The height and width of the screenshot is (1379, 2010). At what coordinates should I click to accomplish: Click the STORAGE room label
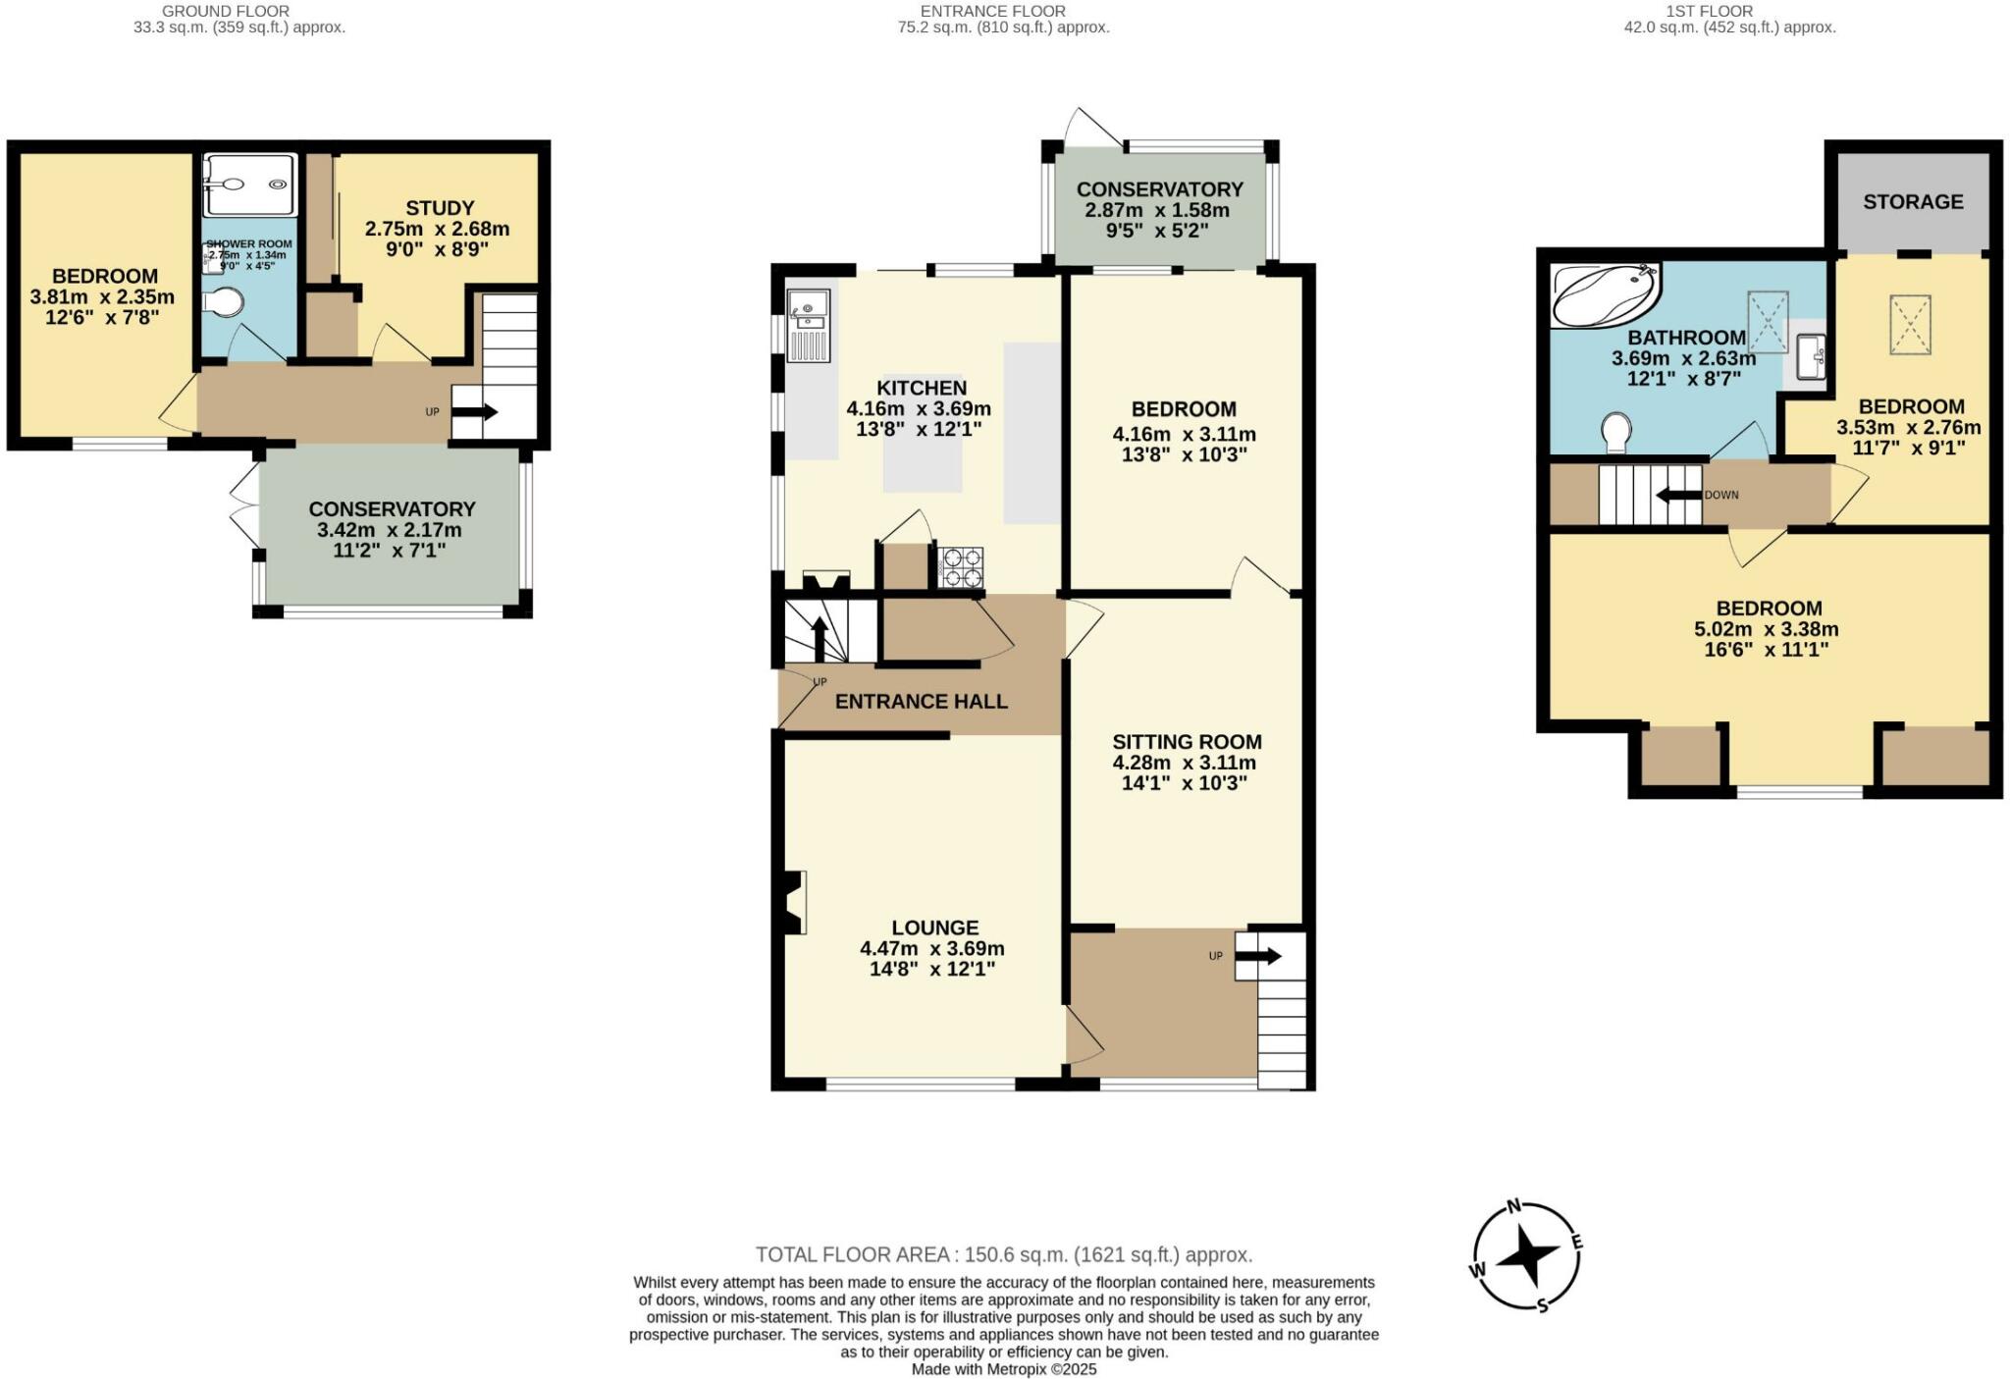point(1913,202)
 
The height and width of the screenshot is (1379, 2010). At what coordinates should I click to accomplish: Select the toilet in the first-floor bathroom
point(1615,433)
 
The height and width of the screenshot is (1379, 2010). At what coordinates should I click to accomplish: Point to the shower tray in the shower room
point(249,184)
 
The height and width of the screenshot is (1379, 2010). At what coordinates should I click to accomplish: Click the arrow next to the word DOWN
point(1678,495)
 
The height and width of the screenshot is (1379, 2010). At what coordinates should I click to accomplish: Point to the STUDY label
point(440,208)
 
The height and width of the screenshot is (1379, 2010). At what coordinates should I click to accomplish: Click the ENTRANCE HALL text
point(921,702)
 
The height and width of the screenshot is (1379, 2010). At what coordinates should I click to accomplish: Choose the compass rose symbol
point(1528,1255)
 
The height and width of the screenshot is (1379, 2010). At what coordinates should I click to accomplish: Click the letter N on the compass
point(1513,1207)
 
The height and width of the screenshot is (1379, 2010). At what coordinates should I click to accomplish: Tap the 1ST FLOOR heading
point(1728,11)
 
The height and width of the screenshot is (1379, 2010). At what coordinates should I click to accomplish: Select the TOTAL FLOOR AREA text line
point(1003,1254)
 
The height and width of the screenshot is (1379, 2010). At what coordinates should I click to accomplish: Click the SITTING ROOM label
point(1187,742)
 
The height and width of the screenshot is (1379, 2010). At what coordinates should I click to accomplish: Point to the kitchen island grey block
point(923,462)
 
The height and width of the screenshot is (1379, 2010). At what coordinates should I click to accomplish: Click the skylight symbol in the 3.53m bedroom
point(1909,324)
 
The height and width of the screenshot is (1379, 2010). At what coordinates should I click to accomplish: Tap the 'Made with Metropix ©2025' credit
point(1003,1369)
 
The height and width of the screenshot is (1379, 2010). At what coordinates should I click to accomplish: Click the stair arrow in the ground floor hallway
point(475,412)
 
